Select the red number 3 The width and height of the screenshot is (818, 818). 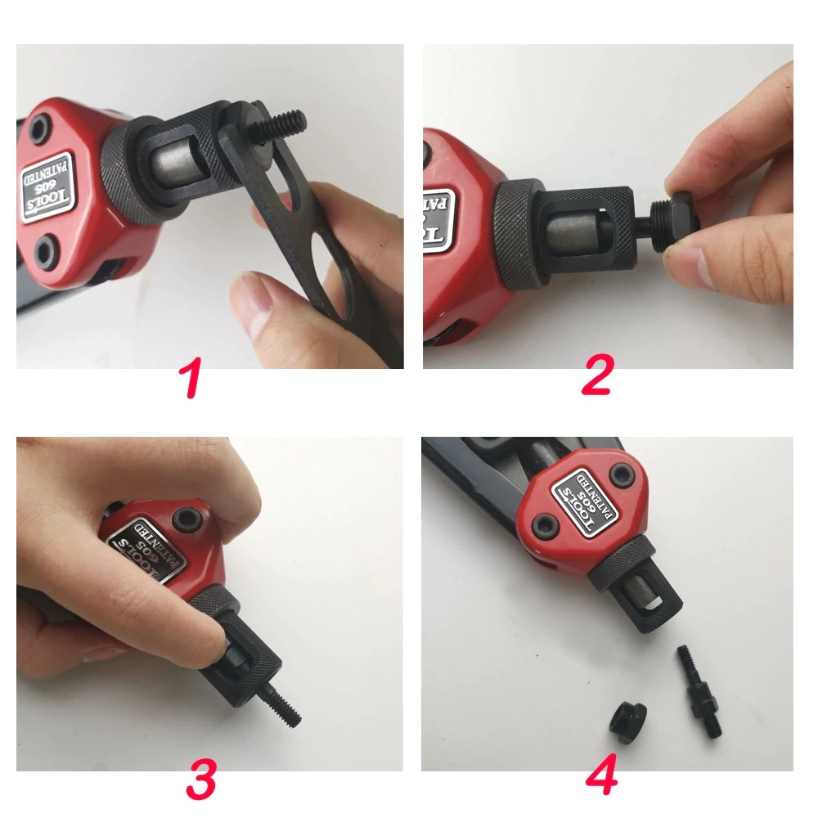click(201, 781)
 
